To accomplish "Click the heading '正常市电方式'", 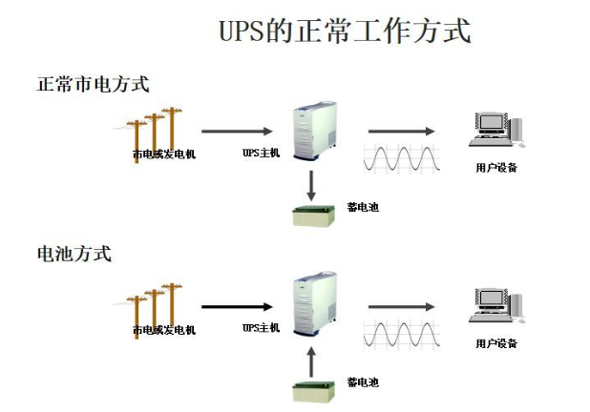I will pos(93,84).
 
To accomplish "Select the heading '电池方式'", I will pos(74,254).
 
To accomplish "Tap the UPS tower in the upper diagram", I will pos(312,134).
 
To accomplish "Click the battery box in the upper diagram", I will pos(311,216).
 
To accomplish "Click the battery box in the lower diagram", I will pos(311,391).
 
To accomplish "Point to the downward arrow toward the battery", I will pos(311,184).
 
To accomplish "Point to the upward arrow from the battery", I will pos(311,360).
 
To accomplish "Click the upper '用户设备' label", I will pos(495,168).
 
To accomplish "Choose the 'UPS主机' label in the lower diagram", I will pos(261,328).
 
